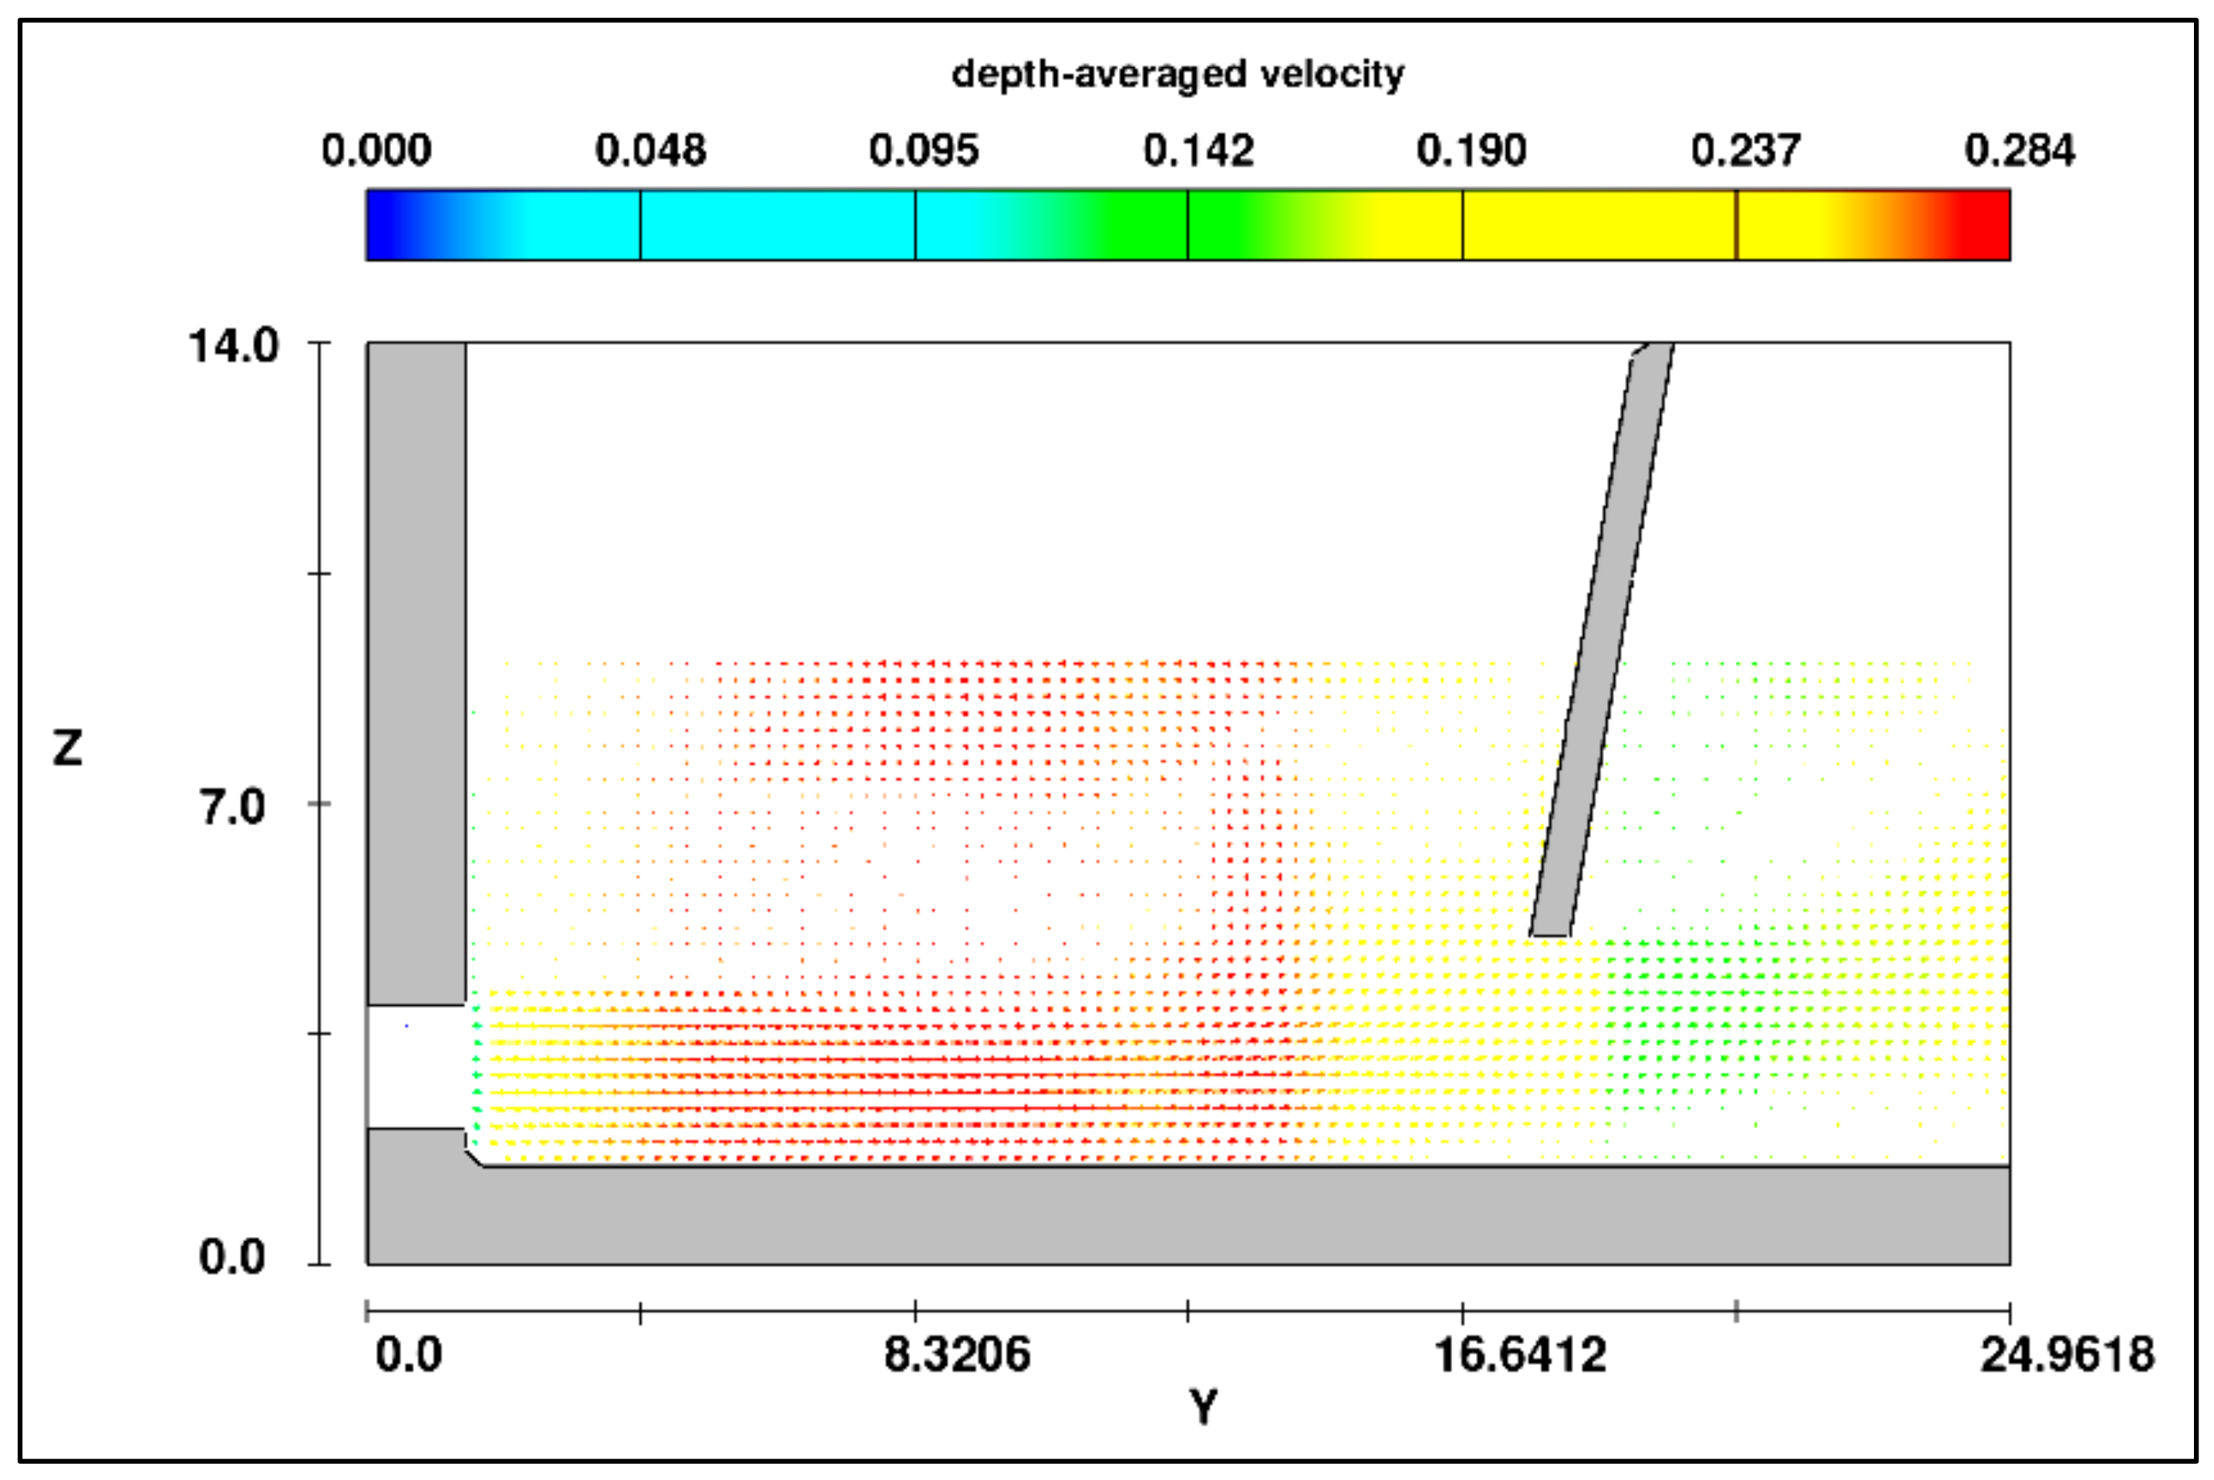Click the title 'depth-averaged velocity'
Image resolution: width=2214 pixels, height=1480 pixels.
(1177, 73)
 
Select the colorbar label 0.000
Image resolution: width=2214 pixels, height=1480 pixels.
(376, 151)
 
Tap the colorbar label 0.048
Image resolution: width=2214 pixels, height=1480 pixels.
(650, 151)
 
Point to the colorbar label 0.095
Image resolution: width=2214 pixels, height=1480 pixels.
(924, 151)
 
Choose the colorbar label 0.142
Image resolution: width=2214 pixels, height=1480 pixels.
(1198, 151)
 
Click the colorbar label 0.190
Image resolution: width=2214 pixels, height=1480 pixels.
(1471, 151)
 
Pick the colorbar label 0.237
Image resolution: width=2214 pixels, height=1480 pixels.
(1746, 151)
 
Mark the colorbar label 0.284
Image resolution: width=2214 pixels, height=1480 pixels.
(2020, 151)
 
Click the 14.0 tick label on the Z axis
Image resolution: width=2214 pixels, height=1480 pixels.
(234, 346)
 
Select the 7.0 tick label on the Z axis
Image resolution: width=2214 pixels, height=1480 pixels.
(232, 808)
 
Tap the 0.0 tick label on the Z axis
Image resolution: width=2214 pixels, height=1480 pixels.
(231, 1257)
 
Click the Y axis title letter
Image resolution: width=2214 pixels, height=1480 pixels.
(1203, 1408)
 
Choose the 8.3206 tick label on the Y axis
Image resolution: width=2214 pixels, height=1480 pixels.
(957, 1355)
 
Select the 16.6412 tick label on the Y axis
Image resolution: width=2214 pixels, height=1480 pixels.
(1519, 1355)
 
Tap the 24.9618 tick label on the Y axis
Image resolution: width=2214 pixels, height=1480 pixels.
(2067, 1355)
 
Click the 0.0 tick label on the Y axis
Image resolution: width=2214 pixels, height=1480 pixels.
(409, 1355)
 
